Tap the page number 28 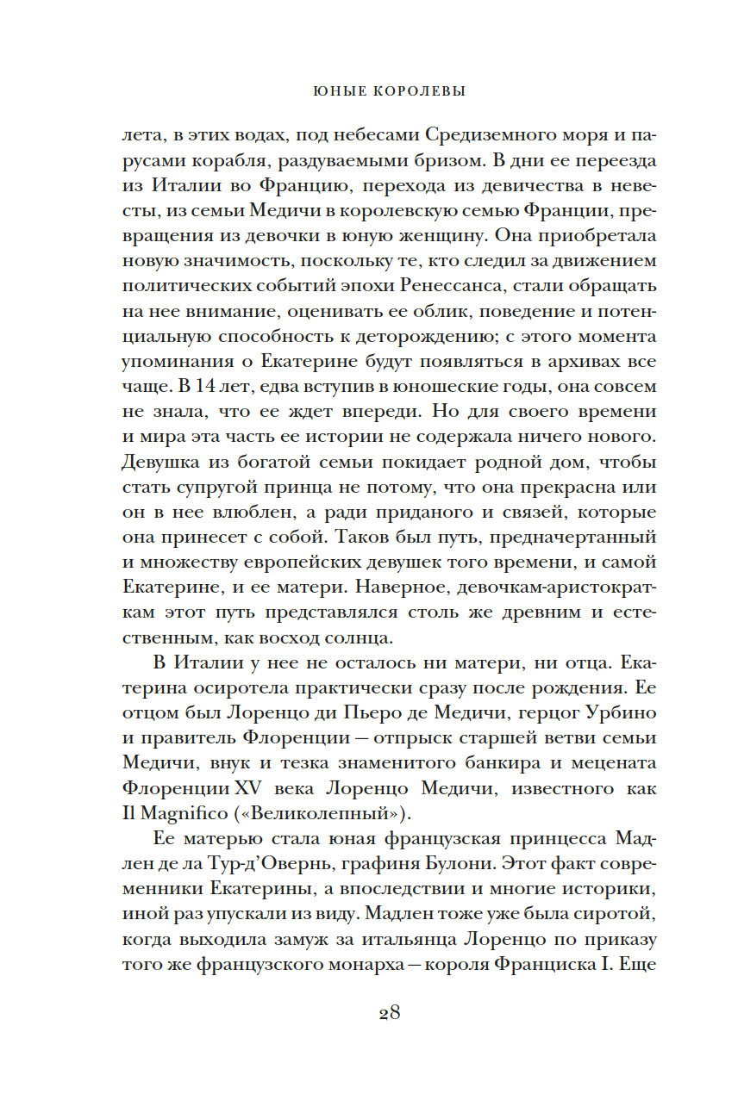pos(389,1012)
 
